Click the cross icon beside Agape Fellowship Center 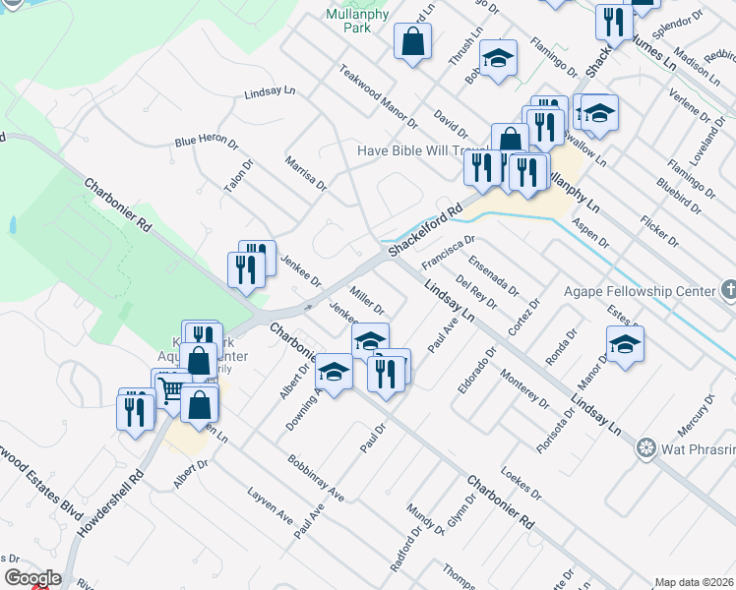click(727, 290)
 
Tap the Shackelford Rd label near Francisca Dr click(425, 231)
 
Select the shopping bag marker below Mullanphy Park click(412, 42)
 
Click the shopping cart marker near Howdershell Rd click(170, 389)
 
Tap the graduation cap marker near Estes click(625, 345)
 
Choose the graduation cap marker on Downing click(334, 374)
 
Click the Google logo click(32, 578)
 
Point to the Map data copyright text click(693, 582)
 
